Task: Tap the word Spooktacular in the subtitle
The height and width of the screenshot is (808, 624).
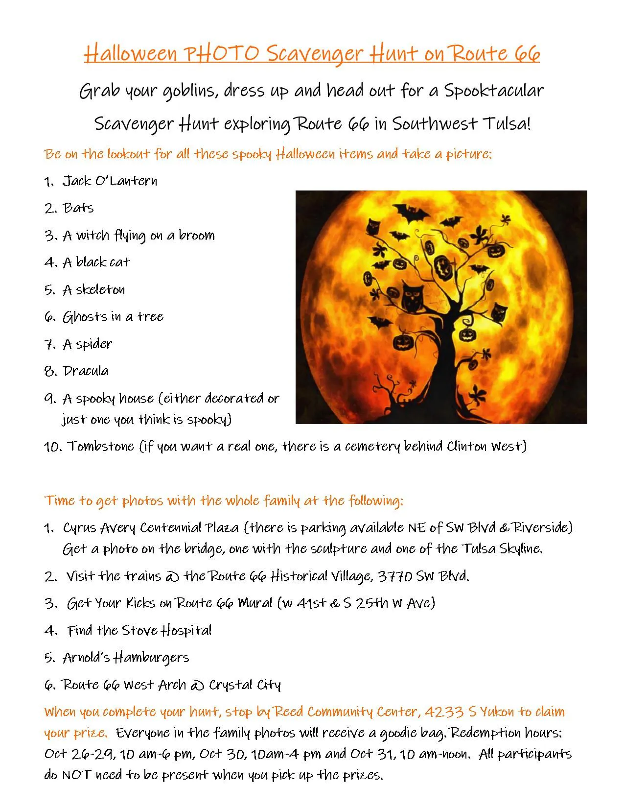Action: point(493,91)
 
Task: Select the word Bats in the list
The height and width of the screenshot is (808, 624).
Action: point(78,208)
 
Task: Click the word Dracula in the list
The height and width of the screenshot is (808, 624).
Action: point(86,371)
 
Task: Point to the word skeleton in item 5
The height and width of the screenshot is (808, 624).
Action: point(100,290)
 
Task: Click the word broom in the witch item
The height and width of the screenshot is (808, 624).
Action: point(196,236)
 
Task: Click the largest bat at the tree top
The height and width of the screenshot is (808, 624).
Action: point(411,213)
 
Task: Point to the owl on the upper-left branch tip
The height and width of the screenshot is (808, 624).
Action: point(373,226)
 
